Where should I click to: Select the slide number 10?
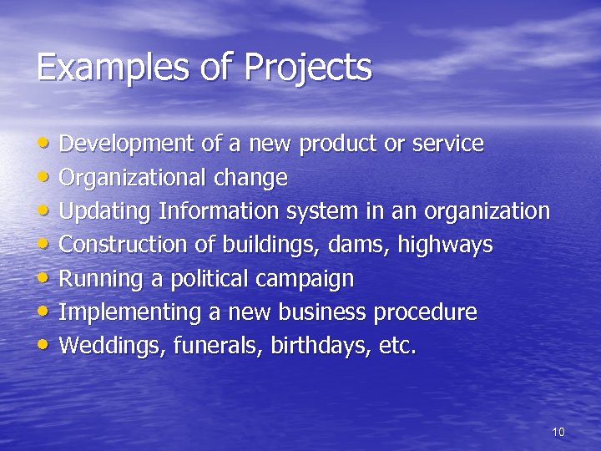[558, 432]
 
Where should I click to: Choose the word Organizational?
[134, 178]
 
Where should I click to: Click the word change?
[250, 178]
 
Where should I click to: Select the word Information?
[220, 211]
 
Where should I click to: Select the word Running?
[95, 279]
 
